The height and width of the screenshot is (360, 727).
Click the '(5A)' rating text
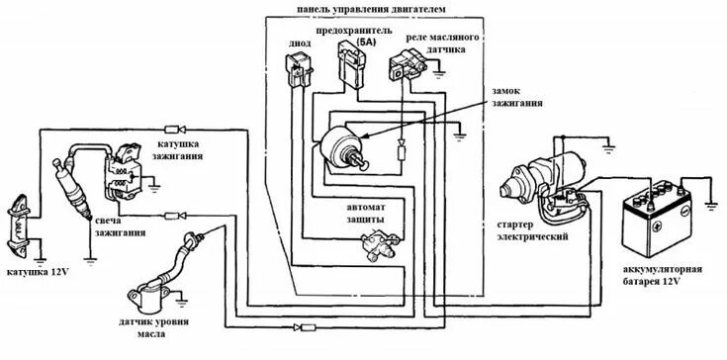tap(365, 42)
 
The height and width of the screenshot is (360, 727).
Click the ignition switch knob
tap(360, 160)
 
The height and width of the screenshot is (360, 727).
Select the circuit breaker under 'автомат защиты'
tap(379, 246)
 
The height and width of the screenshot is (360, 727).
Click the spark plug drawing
tap(72, 189)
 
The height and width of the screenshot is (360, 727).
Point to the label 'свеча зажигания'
tap(120, 226)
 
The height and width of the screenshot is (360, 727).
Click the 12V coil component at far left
tap(21, 227)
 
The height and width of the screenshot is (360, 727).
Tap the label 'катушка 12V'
tap(38, 272)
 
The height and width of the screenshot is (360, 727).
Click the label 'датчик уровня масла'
tap(153, 327)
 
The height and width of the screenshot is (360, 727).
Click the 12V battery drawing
tap(657, 220)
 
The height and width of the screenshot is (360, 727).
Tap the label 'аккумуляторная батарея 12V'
tap(663, 275)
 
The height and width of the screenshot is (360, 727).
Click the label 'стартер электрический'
tap(532, 230)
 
